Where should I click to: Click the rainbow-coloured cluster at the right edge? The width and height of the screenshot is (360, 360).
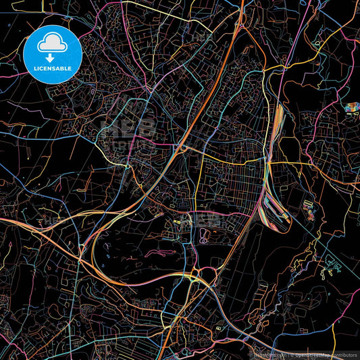coord(352,107)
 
